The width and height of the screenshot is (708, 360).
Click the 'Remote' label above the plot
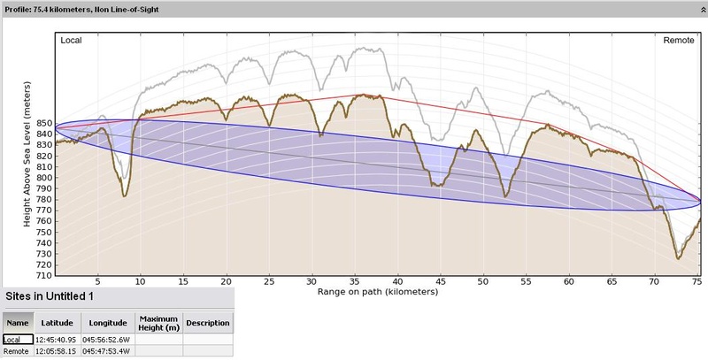coord(680,41)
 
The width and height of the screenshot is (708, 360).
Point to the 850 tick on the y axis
coord(42,124)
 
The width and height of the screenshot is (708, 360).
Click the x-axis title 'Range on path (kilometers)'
coord(377,290)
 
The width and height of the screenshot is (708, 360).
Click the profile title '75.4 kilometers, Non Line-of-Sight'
coord(85,6)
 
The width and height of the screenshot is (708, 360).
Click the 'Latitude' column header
coord(58,322)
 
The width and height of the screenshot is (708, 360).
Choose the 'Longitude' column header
coord(108,322)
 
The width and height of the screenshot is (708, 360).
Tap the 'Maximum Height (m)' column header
coord(158,322)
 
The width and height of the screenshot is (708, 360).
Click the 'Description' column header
coord(208,322)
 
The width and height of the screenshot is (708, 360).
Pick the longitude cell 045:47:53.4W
coord(108,351)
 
